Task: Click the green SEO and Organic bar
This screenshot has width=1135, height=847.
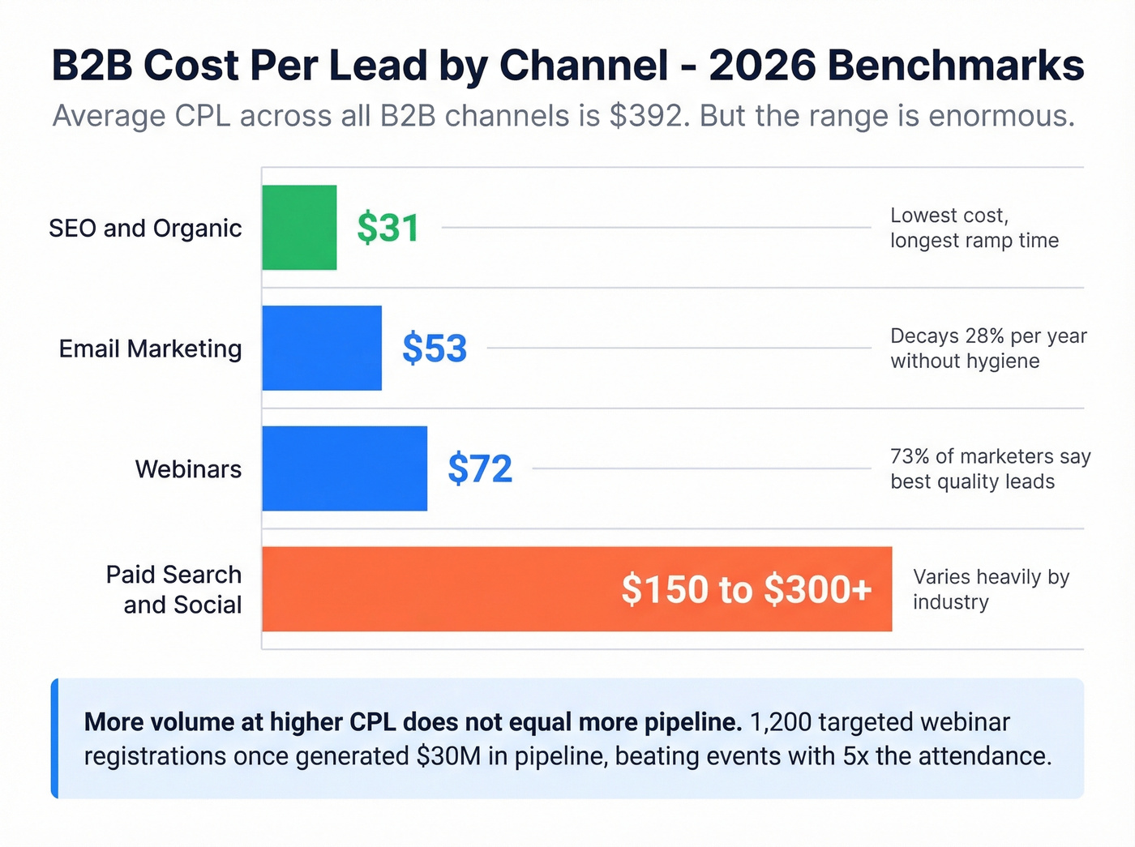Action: pyautogui.click(x=299, y=228)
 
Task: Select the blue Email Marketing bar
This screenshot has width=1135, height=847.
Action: pyautogui.click(x=322, y=349)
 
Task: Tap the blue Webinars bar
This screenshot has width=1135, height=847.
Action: pyautogui.click(x=345, y=468)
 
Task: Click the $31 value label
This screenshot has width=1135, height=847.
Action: pyautogui.click(x=388, y=228)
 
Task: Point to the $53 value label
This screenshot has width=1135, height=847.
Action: pyautogui.click(x=435, y=349)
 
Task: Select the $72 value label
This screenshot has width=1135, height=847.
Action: pyautogui.click(x=480, y=468)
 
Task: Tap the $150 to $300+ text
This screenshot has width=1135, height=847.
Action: pyautogui.click(x=746, y=589)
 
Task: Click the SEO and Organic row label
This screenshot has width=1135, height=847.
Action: pyautogui.click(x=145, y=229)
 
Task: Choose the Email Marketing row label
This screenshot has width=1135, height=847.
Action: pyautogui.click(x=150, y=349)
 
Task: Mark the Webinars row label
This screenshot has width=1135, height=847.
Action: pyautogui.click(x=188, y=469)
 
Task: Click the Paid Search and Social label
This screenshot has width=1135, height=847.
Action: pyautogui.click(x=174, y=589)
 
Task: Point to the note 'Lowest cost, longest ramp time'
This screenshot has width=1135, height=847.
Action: pyautogui.click(x=974, y=228)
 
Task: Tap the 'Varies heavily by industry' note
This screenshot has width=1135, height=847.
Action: pyautogui.click(x=991, y=589)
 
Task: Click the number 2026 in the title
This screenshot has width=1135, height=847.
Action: pyautogui.click(x=762, y=66)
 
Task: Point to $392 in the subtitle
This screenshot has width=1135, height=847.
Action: pyautogui.click(x=645, y=116)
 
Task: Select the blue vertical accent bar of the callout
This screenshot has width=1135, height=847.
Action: pyautogui.click(x=54, y=738)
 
